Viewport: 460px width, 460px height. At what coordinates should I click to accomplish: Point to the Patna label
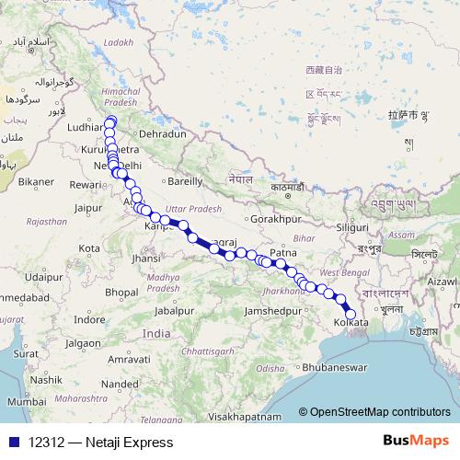coord(283,252)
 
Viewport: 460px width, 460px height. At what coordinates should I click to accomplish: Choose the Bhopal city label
coord(121,292)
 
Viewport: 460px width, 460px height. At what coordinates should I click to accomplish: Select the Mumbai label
coord(25,402)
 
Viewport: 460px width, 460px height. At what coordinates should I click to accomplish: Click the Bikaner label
coord(37,182)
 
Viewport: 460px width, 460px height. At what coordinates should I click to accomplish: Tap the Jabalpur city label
coord(174,311)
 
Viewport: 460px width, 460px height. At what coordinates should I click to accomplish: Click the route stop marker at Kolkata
coord(350,314)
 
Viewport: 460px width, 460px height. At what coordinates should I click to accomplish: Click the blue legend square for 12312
coord(11,443)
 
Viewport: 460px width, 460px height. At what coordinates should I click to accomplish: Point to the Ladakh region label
coord(119,42)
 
